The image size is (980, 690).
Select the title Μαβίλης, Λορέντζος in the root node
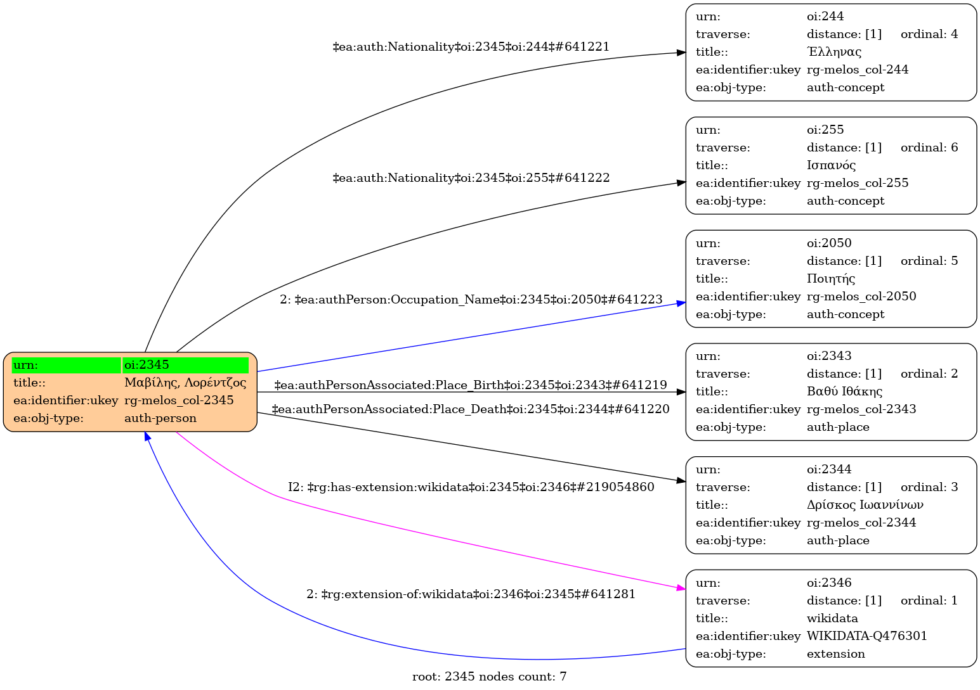click(x=185, y=383)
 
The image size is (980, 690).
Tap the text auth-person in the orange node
click(x=160, y=418)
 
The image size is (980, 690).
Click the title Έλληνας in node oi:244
click(x=833, y=52)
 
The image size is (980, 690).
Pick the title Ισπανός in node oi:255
click(x=831, y=165)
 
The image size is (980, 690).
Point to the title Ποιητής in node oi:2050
click(x=830, y=279)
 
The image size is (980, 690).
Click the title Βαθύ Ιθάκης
click(x=844, y=392)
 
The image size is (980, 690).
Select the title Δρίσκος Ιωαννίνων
click(x=865, y=505)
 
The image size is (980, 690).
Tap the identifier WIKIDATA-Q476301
click(x=866, y=636)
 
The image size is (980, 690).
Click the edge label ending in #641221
click(x=471, y=47)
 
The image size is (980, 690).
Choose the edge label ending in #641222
click(x=471, y=178)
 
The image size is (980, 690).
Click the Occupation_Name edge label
click(x=471, y=299)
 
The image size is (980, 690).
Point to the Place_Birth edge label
click(x=471, y=385)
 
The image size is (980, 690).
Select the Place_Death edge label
click(x=471, y=409)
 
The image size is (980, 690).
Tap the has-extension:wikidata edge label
click(x=471, y=487)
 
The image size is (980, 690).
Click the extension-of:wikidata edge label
click(x=471, y=594)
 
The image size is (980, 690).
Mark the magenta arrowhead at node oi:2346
click(x=681, y=589)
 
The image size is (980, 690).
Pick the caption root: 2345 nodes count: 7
click(x=489, y=677)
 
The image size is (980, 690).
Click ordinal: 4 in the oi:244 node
click(x=929, y=34)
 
